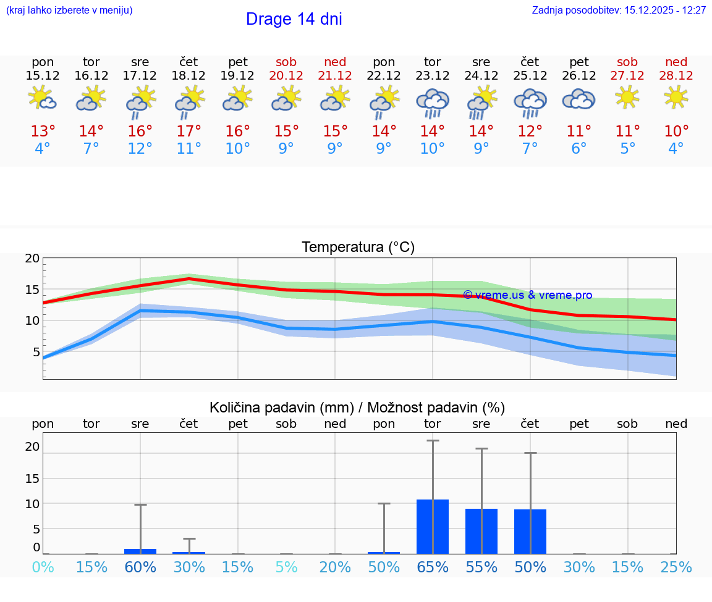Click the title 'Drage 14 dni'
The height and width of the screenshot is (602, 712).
point(294,19)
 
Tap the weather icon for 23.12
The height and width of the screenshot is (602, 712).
point(432,102)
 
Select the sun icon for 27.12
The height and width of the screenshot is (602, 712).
point(627,97)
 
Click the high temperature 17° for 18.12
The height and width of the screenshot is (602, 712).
point(189,132)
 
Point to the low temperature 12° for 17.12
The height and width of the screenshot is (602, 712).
point(140,149)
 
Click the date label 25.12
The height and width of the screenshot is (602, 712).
point(530,75)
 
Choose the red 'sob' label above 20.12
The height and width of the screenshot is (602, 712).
point(286,62)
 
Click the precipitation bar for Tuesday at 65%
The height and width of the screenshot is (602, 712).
point(432,527)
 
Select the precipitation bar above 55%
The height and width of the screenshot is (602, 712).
point(481,531)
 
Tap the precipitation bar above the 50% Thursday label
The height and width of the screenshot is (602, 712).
point(530,532)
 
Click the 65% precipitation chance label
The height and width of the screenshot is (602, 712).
point(432,567)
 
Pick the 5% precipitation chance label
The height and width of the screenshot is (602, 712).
point(286,567)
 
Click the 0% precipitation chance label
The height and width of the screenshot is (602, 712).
point(43,567)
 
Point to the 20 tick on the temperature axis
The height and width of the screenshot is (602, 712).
point(32,259)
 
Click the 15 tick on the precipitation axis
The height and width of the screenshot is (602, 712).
point(32,479)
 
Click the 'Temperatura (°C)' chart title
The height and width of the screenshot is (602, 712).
point(358,248)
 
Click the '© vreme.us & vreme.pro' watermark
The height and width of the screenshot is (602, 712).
point(527,295)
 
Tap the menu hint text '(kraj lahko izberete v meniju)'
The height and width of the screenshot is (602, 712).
point(69,10)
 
